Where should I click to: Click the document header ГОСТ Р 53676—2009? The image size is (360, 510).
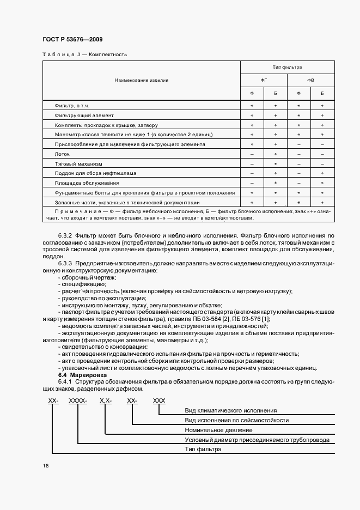(72, 40)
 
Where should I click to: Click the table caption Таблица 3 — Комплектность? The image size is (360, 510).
(84, 54)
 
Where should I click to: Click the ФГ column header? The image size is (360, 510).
(264, 80)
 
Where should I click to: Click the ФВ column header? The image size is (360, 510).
(310, 80)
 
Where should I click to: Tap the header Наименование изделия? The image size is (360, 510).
(142, 80)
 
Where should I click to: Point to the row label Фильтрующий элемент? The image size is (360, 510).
(84, 115)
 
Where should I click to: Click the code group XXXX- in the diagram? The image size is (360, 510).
(78, 400)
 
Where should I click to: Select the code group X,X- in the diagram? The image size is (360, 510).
(105, 400)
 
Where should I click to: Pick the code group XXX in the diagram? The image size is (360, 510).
(159, 400)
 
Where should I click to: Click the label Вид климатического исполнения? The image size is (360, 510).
(231, 410)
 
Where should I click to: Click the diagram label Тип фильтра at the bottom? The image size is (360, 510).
(203, 450)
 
